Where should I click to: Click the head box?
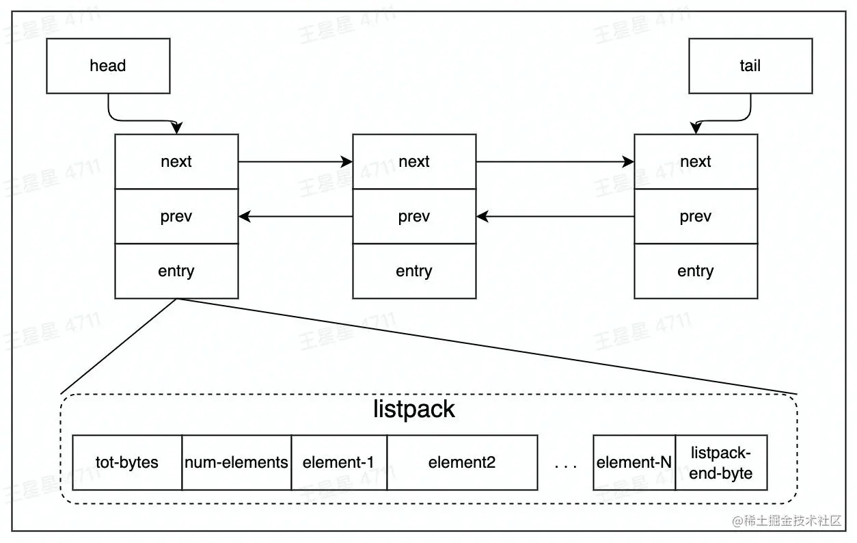[108, 66]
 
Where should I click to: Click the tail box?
[750, 66]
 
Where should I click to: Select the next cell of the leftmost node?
[176, 161]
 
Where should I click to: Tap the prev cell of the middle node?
[413, 217]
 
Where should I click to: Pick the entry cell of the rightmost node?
[695, 271]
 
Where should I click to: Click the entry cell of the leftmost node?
[176, 271]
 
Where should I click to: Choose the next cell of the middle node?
[413, 161]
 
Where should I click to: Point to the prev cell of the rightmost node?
[695, 217]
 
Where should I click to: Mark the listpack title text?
[414, 409]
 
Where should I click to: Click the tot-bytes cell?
[127, 462]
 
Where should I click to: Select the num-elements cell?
[236, 462]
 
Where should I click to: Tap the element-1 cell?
[339, 462]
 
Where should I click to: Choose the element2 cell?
[462, 462]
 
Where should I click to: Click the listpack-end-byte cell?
[721, 462]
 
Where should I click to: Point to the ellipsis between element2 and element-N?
[565, 466]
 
